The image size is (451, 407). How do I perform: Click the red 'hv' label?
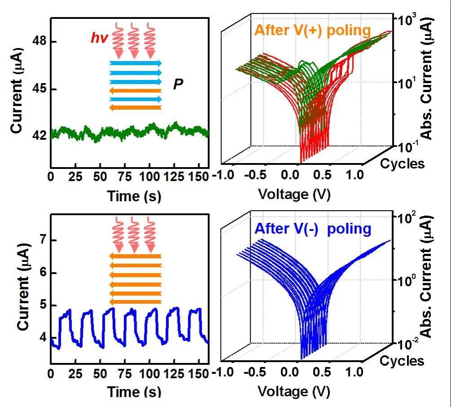[x=99, y=39]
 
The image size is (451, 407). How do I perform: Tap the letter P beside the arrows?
[x=178, y=84]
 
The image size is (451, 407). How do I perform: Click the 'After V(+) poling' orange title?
[x=312, y=31]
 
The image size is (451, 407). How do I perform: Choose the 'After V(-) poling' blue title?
[x=313, y=229]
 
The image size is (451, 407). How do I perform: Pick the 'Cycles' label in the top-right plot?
[x=402, y=164]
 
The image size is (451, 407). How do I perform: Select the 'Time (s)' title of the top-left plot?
[x=134, y=196]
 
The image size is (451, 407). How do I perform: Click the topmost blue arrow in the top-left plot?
[x=135, y=63]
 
